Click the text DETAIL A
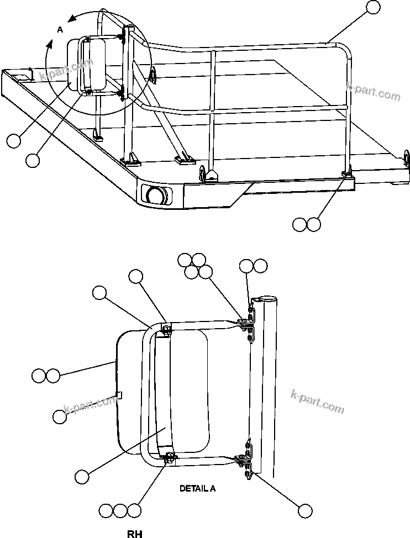pyautogui.click(x=197, y=488)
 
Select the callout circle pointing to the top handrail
pyautogui.click(x=374, y=7)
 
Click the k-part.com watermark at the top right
pyautogui.click(x=373, y=92)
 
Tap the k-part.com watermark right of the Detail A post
pyautogui.click(x=317, y=402)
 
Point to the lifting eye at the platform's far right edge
pyautogui.click(x=407, y=159)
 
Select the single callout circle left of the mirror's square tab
pyautogui.click(x=60, y=417)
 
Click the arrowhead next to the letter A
pyautogui.click(x=71, y=18)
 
